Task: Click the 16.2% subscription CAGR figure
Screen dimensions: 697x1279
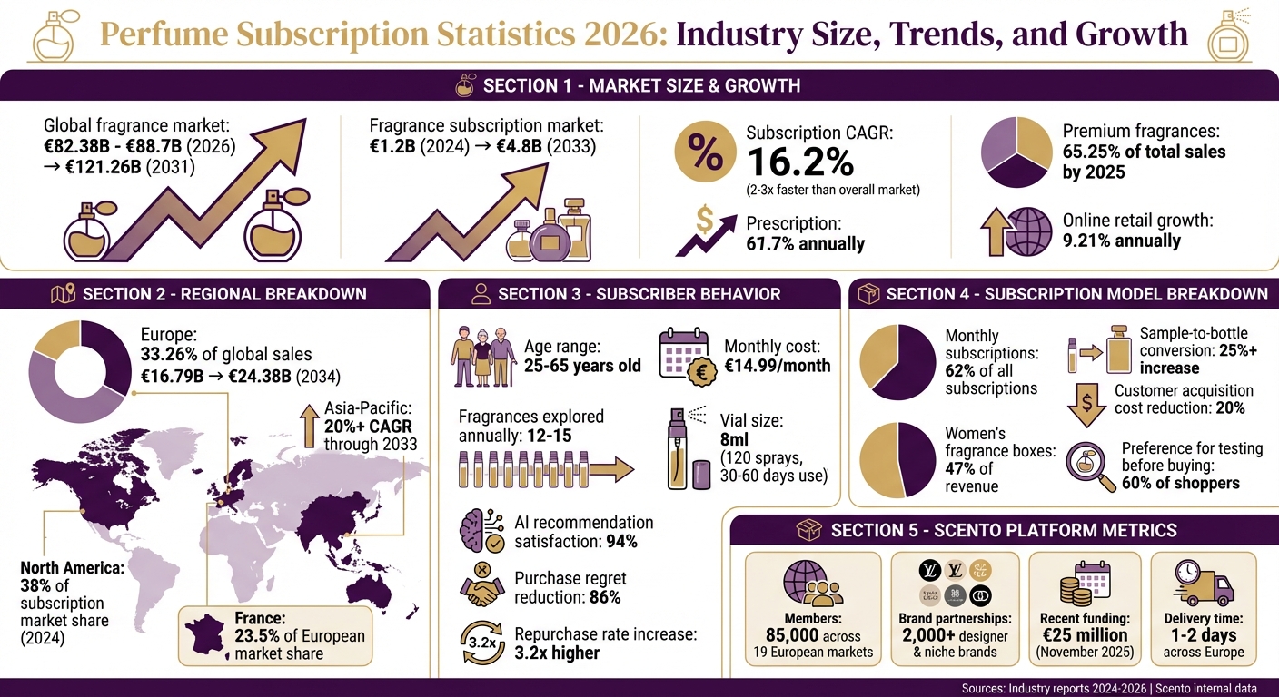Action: click(799, 163)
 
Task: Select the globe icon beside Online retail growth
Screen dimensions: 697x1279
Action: click(1030, 231)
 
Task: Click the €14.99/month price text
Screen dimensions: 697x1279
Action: click(777, 367)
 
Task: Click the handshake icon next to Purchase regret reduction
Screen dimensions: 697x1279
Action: click(481, 586)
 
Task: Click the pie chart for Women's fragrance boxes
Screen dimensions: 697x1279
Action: click(897, 459)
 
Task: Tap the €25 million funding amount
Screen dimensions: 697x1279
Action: click(1084, 635)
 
